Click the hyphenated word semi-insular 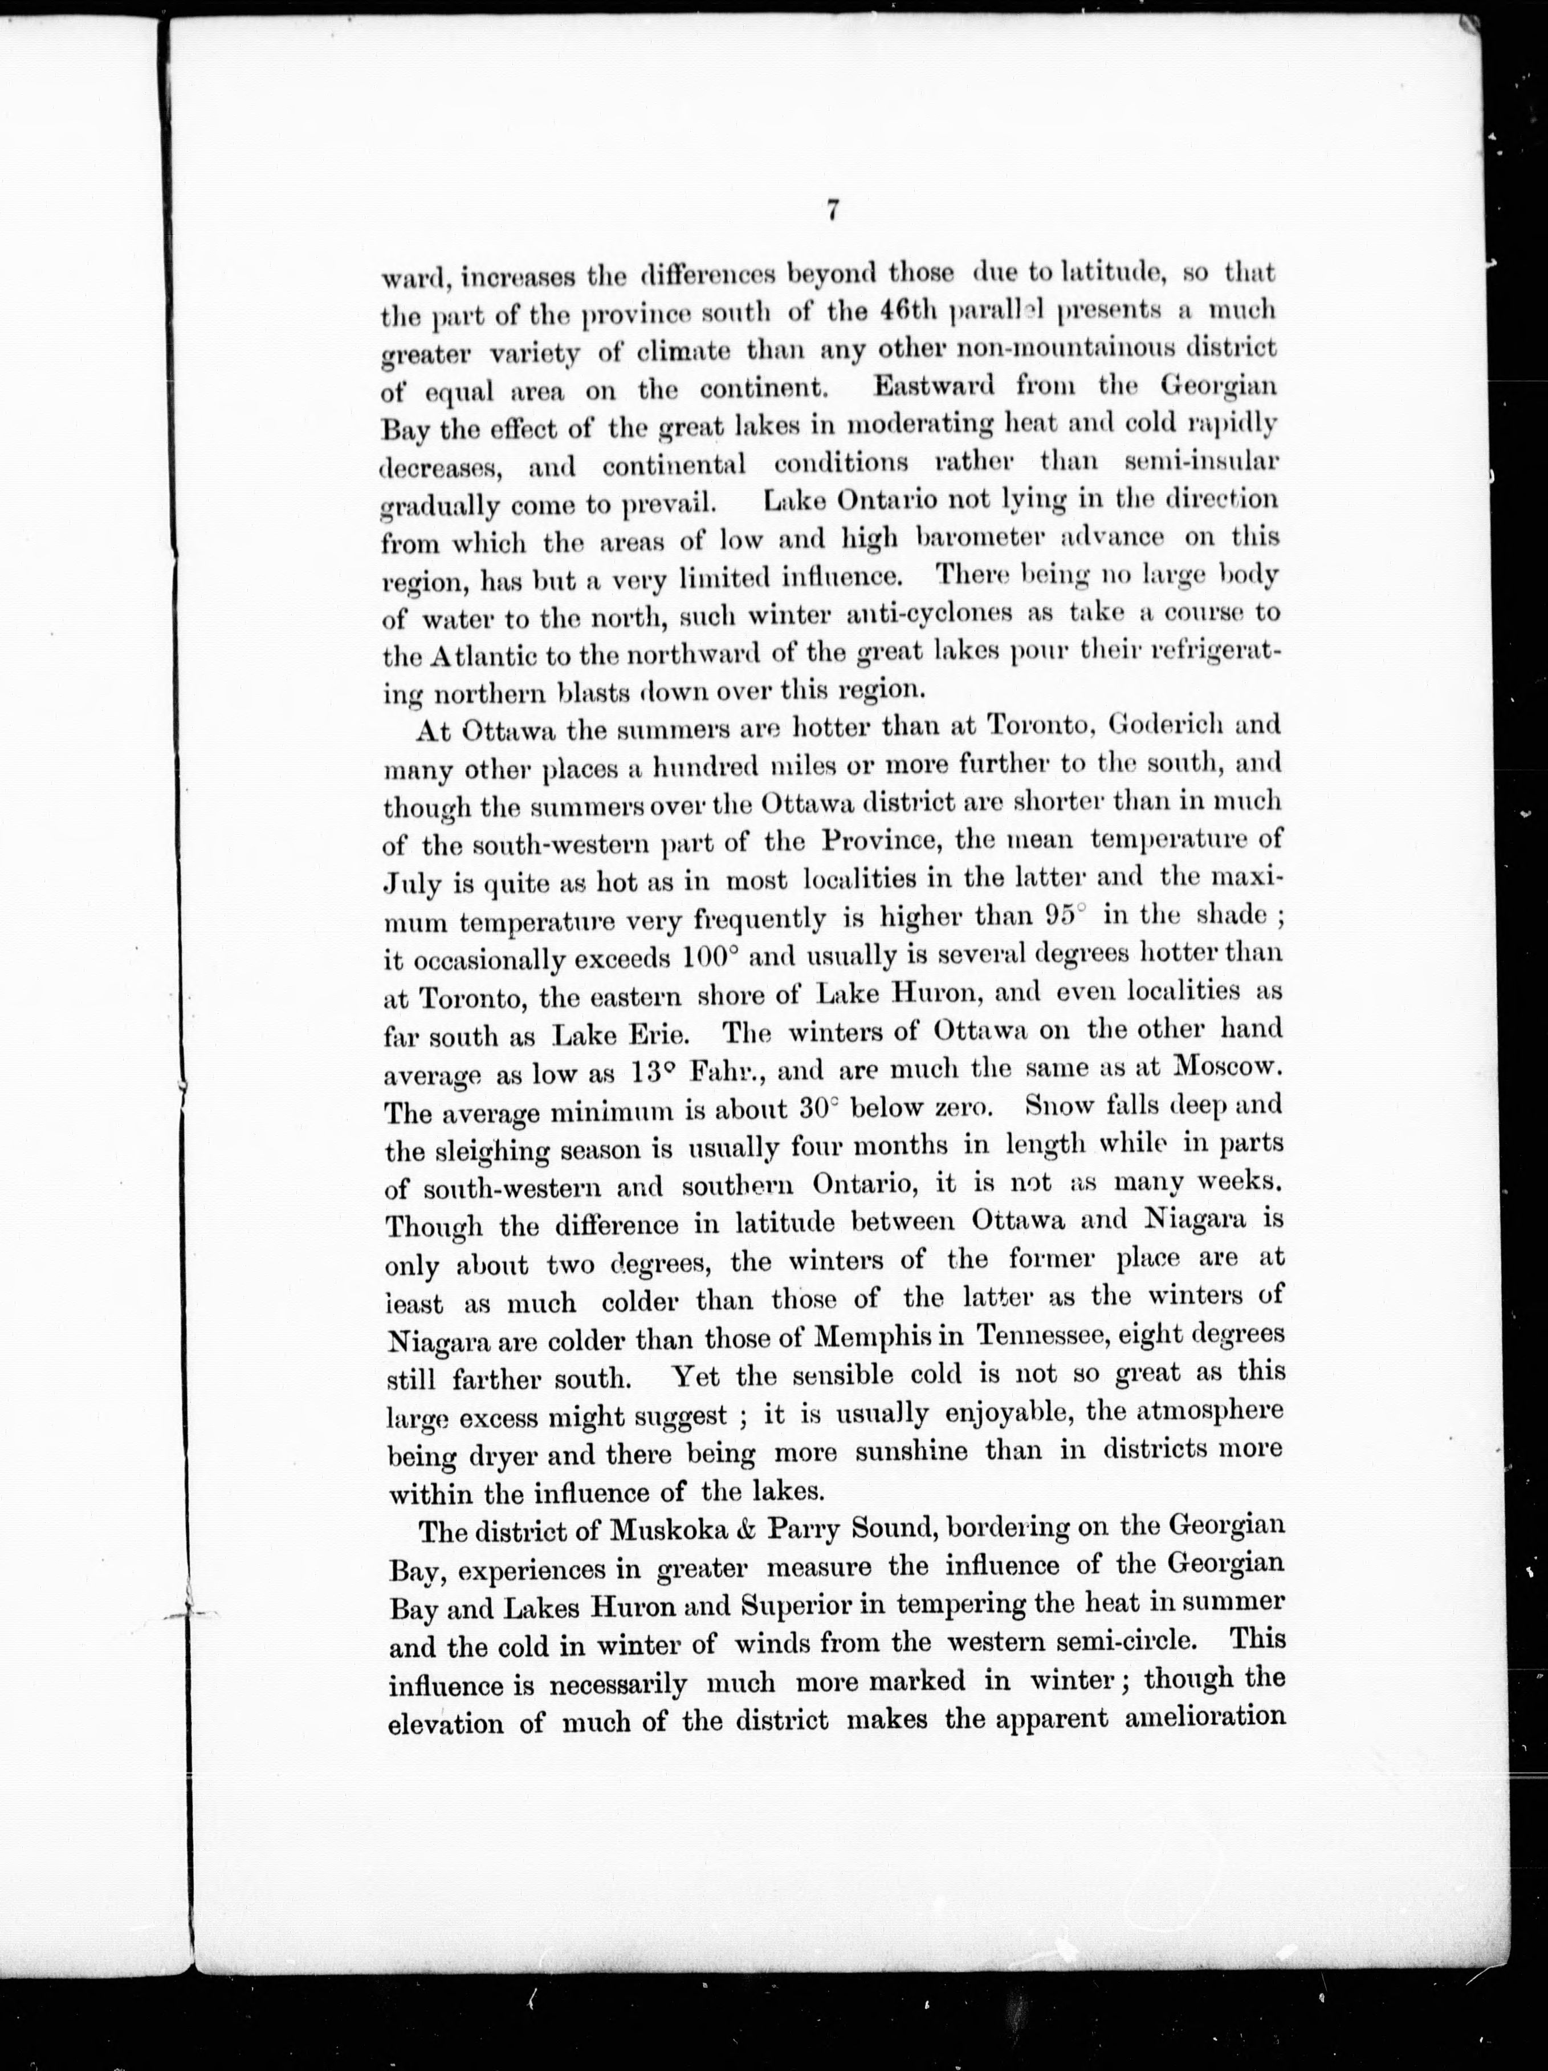tap(1201, 461)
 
